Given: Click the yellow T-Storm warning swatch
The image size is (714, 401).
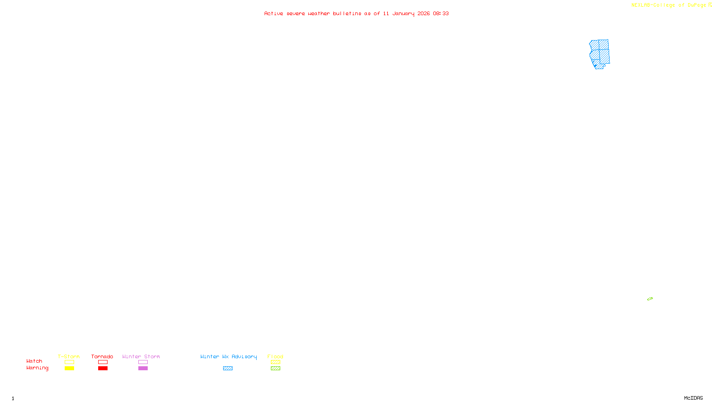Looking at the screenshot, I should click(x=69, y=368).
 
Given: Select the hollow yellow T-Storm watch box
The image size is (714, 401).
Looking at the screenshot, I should click(x=69, y=362).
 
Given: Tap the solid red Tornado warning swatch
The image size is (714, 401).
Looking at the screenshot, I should click(x=103, y=368).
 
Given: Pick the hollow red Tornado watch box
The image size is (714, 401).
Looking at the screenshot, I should click(x=103, y=362).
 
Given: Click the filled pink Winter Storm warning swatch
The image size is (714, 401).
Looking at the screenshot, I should click(x=143, y=368).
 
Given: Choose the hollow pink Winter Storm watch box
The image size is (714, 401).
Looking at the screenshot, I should click(x=143, y=362).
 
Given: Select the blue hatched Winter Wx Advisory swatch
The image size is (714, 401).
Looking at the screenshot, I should click(x=228, y=368).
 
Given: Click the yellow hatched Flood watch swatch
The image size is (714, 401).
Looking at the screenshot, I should click(x=275, y=362).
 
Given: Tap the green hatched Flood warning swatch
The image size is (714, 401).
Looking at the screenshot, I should click(x=275, y=368).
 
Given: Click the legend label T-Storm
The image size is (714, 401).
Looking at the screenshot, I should click(x=69, y=356).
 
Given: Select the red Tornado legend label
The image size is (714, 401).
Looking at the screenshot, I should click(x=102, y=356).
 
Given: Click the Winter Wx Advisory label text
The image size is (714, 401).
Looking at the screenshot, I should click(x=228, y=356).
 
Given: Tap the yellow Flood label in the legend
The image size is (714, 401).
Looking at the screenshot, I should click(x=275, y=356).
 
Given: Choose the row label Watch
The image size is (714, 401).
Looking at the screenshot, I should click(x=34, y=361).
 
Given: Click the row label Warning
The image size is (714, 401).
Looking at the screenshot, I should click(x=37, y=368).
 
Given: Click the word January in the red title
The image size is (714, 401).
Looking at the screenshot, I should click(x=403, y=14).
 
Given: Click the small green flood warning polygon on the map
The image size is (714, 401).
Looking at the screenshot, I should click(x=650, y=299).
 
